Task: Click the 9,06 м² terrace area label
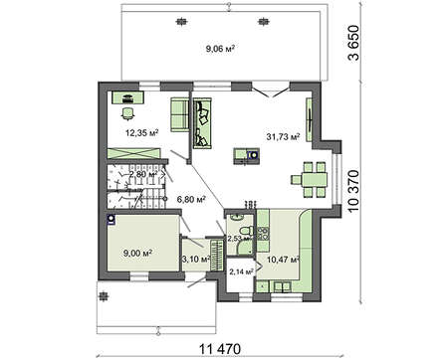[x=220, y=49]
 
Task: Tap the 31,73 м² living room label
[x=283, y=136]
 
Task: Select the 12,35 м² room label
[x=141, y=133]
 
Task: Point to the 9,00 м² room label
[x=137, y=254]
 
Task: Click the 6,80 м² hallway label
[x=191, y=199]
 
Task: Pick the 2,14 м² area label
[x=241, y=271]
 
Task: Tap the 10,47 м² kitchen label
[x=283, y=260]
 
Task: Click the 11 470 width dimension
[x=219, y=349]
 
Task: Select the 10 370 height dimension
[x=354, y=192]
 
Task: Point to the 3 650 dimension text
[x=353, y=43]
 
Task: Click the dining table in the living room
[x=310, y=180]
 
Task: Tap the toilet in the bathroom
[x=246, y=231]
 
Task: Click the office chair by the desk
[x=127, y=113]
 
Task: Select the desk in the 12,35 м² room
[x=127, y=97]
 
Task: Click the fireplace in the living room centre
[x=246, y=156]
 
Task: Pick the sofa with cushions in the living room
[x=202, y=123]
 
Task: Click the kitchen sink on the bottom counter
[x=282, y=286]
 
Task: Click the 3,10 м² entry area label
[x=195, y=259]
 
